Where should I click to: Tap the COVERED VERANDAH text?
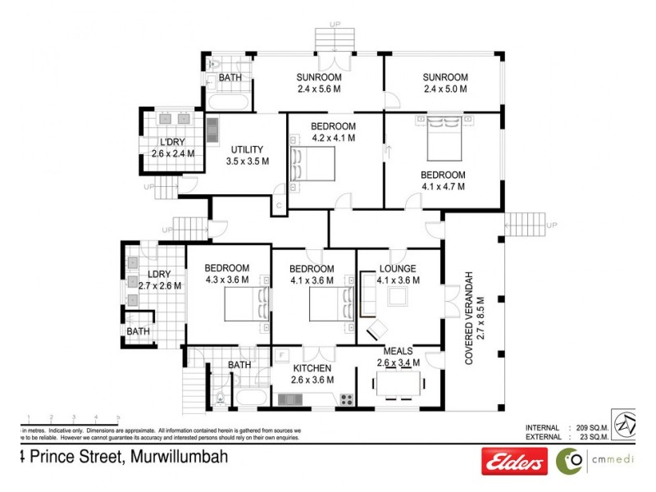coord(470,318)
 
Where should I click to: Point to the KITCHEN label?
coord(312,368)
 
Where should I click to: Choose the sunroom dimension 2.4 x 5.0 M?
coord(445,89)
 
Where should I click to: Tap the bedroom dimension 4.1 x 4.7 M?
coord(443,186)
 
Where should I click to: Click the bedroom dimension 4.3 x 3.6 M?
coord(227,280)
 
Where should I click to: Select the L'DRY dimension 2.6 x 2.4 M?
coord(172,153)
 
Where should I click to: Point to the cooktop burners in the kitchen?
coord(346,400)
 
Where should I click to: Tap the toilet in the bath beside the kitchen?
coord(220,400)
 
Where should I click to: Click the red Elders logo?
coord(514,462)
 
